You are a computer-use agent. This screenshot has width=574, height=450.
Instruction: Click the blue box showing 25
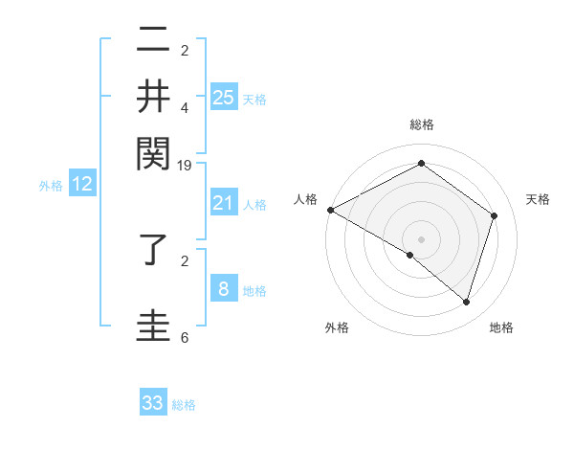(x=224, y=97)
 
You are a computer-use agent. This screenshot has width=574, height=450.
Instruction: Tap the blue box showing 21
(x=224, y=203)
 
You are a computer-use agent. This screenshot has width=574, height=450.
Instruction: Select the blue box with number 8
(x=224, y=289)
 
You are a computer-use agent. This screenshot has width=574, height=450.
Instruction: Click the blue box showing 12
(x=83, y=185)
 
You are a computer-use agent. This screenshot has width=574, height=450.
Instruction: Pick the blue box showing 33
(x=153, y=403)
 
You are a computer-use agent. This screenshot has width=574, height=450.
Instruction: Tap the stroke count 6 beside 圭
(x=185, y=338)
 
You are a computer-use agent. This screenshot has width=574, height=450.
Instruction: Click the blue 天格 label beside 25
(x=254, y=99)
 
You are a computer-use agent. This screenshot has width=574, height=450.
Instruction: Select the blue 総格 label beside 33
(x=184, y=405)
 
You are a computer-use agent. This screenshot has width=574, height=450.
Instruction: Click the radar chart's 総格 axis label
(x=422, y=124)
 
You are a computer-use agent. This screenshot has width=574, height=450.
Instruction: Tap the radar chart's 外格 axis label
(x=337, y=327)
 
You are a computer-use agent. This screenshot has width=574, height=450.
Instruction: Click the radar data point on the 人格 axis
(x=330, y=210)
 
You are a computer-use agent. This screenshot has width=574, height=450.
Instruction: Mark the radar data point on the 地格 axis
(x=467, y=302)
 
